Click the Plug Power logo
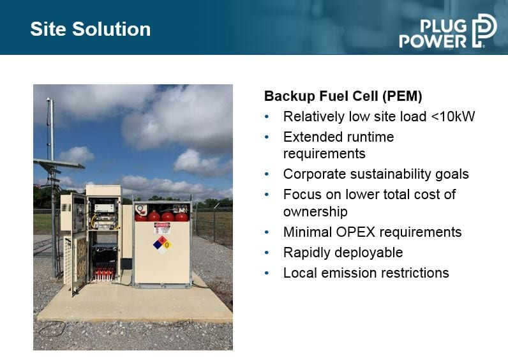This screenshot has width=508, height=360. [x=448, y=31]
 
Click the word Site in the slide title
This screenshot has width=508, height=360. [x=49, y=29]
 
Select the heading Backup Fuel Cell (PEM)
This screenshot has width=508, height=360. [x=343, y=96]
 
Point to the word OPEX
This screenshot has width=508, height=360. [x=355, y=232]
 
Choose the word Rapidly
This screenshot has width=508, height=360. [x=306, y=253]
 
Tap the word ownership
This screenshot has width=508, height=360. [x=315, y=212]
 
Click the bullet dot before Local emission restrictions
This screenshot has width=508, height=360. [x=267, y=273]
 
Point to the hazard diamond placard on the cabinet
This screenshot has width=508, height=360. [x=162, y=244]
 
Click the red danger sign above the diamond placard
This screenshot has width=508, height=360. [x=162, y=227]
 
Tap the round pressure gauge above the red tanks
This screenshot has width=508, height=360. [x=140, y=207]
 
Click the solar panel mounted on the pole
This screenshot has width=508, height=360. [x=59, y=163]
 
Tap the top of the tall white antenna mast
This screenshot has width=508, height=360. [x=49, y=98]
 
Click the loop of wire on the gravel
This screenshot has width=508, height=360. [x=52, y=328]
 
